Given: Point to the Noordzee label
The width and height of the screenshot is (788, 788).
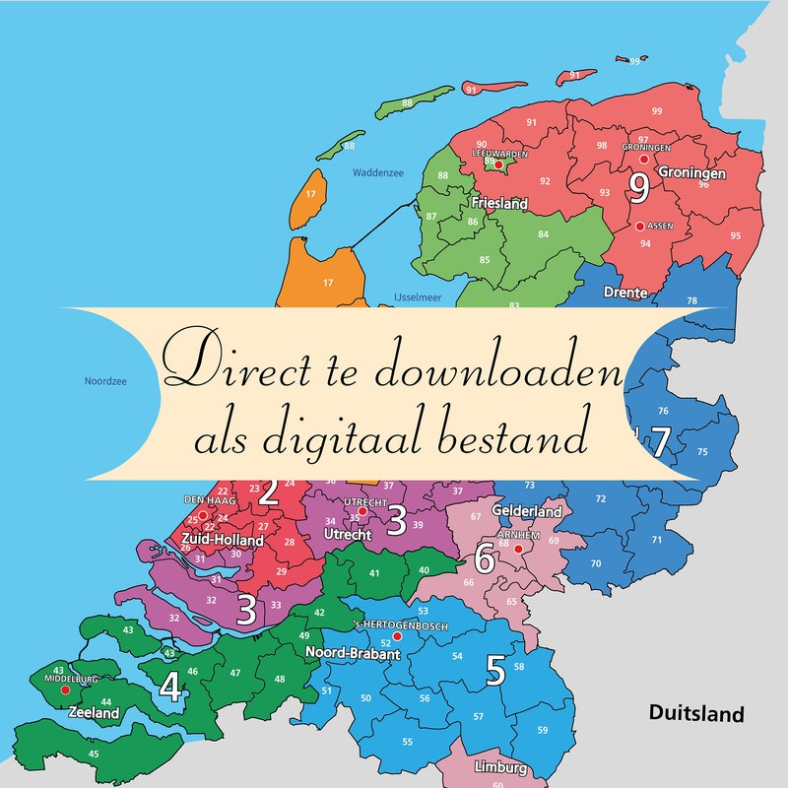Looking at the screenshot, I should click(x=105, y=380).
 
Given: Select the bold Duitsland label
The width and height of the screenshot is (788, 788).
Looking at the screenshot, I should click(x=695, y=714).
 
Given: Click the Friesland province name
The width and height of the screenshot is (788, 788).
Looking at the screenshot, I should click(x=499, y=204).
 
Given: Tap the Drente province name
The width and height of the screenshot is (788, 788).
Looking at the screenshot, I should click(x=625, y=293).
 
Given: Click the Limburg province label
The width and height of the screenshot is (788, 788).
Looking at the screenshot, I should click(x=500, y=768).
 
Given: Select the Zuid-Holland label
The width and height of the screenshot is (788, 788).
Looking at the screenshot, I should click(x=222, y=540).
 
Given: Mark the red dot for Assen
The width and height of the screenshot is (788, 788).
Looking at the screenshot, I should click(x=640, y=226).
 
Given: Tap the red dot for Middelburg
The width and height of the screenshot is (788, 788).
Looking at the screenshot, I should click(x=65, y=690).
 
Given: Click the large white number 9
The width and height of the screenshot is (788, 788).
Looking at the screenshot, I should click(x=638, y=184).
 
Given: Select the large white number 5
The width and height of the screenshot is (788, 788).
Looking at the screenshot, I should click(x=495, y=671).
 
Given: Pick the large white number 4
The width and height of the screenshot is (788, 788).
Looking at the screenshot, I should click(x=170, y=688).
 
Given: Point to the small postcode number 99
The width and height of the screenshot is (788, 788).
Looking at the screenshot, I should click(x=656, y=111).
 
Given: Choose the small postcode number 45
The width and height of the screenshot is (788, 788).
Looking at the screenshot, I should click(x=94, y=755).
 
